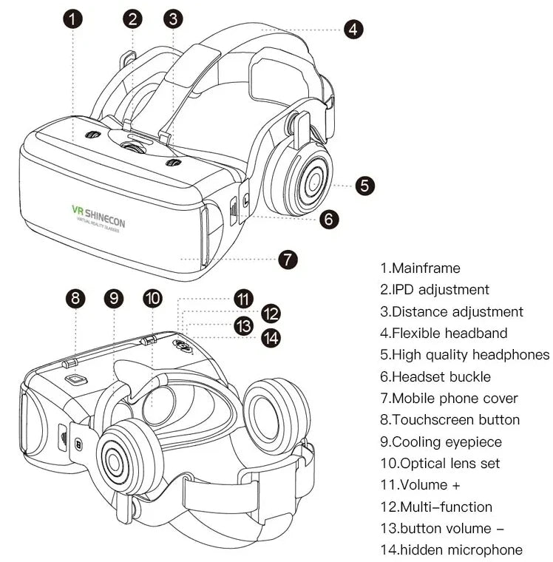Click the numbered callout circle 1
72,20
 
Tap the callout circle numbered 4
354,30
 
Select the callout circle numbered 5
365,185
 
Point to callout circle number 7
288,260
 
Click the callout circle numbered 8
75,298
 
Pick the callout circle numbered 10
152,298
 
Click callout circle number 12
271,313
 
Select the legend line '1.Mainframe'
420,268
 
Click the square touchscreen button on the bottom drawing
76,379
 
